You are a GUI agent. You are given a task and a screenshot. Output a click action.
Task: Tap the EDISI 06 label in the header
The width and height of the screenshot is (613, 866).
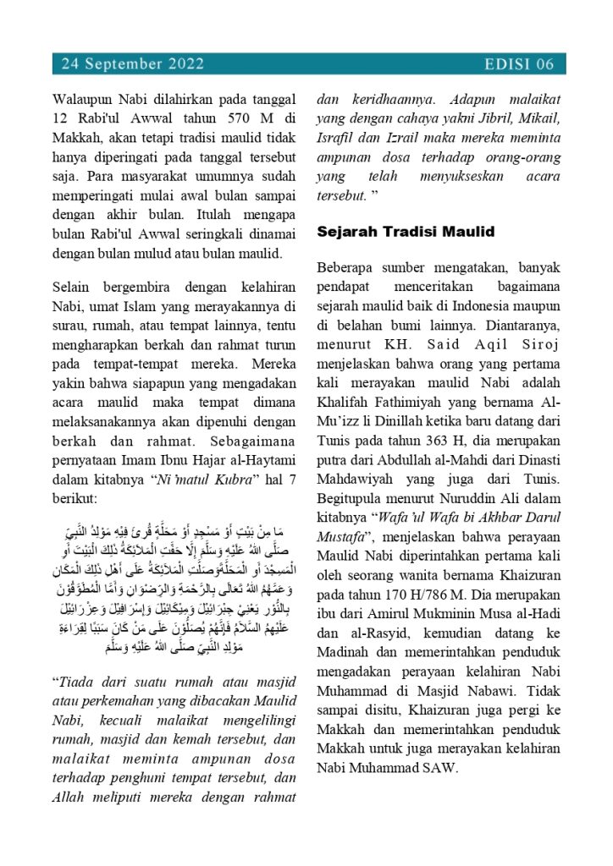520,63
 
